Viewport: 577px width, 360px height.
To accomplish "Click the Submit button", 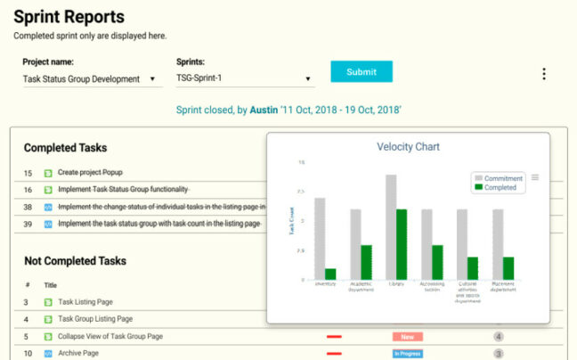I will pyautogui.click(x=361, y=72).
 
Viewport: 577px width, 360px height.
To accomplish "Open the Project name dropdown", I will pyautogui.click(x=89, y=79).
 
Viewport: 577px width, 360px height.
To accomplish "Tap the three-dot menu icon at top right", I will pyautogui.click(x=544, y=75).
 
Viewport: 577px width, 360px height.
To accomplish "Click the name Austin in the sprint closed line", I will pyautogui.click(x=264, y=110).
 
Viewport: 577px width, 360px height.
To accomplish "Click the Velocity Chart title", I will pyautogui.click(x=408, y=147).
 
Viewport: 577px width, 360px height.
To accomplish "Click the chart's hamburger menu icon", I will pyautogui.click(x=535, y=177).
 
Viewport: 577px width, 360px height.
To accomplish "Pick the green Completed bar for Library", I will pyautogui.click(x=402, y=244).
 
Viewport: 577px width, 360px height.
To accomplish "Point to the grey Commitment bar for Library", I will pyautogui.click(x=391, y=227).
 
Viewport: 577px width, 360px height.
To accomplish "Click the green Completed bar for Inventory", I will pyautogui.click(x=330, y=274).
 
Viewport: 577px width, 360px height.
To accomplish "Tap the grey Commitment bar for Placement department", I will pyautogui.click(x=498, y=244).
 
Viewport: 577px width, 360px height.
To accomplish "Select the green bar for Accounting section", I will pyautogui.click(x=437, y=262).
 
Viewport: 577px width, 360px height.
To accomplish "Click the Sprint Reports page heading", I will pyautogui.click(x=69, y=17).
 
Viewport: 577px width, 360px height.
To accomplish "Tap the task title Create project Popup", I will pyautogui.click(x=91, y=173).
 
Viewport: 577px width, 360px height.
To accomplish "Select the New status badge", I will pyautogui.click(x=407, y=337).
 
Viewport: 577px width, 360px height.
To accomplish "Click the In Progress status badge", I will pyautogui.click(x=408, y=354).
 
